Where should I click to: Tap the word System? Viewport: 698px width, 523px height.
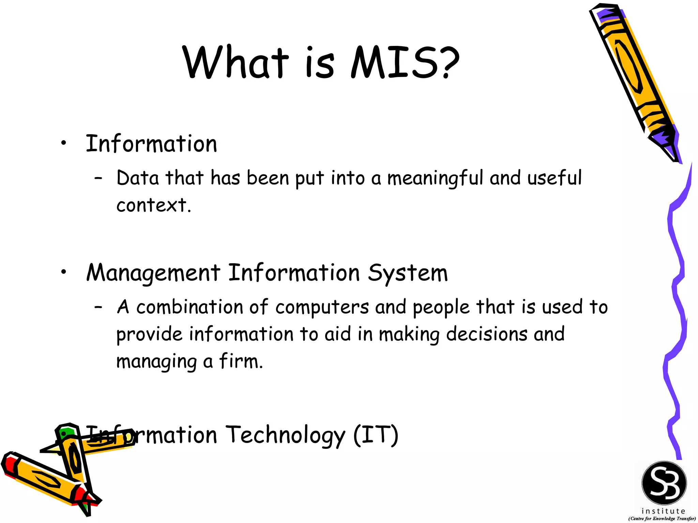(x=408, y=273)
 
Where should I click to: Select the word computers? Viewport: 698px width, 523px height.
(x=322, y=307)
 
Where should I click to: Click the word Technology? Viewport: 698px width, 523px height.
(x=286, y=435)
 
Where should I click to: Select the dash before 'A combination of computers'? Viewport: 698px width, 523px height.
(x=98, y=307)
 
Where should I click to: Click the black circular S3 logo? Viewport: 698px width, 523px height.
(x=664, y=483)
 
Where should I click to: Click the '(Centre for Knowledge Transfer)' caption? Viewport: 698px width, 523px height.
(x=662, y=519)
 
